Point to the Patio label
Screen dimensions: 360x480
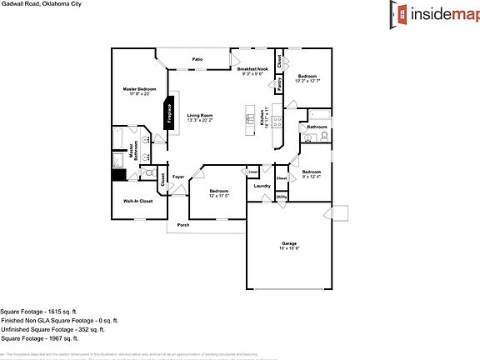pyautogui.click(x=197, y=60)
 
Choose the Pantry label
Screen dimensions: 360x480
pyautogui.click(x=279, y=83)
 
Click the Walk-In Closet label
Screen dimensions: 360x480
pyautogui.click(x=137, y=201)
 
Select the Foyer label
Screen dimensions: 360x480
pyautogui.click(x=177, y=177)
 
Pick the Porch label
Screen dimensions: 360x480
pyautogui.click(x=182, y=224)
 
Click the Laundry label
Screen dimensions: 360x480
pyautogui.click(x=261, y=185)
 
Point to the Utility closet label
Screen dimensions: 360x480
pyautogui.click(x=282, y=197)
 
